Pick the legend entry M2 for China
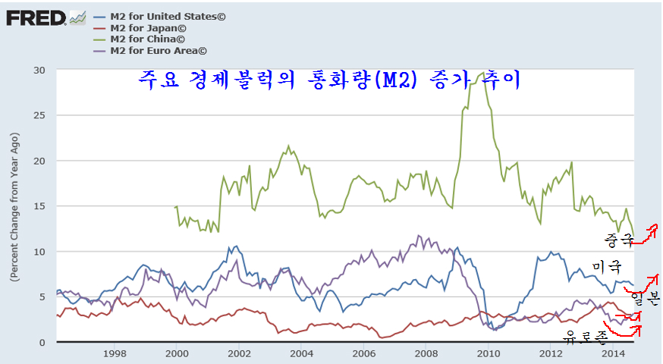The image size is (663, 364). coord(147,39)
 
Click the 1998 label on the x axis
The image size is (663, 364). coord(115,353)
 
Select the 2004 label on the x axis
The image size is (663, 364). coord(301,353)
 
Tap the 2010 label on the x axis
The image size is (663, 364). coord(488,353)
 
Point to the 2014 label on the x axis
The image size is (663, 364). coord(612,353)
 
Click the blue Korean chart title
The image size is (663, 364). coord(329,80)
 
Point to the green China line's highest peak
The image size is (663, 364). coord(483,72)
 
